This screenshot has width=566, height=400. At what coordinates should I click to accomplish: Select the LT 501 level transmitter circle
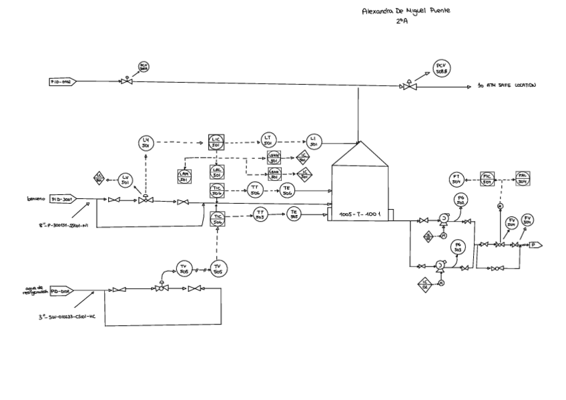coord(268,141)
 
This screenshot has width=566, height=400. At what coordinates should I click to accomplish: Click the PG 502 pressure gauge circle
coord(461,201)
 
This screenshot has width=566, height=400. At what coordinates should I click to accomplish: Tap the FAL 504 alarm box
coord(523,178)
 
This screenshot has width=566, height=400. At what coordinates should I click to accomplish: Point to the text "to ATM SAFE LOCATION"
coord(507,86)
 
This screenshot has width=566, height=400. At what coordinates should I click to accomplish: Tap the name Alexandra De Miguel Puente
coord(405,11)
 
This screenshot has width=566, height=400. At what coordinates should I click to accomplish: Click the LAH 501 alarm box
coord(184,176)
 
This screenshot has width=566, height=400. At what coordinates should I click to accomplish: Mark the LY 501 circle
coord(146,142)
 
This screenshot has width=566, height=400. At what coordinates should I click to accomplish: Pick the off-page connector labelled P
coord(535,245)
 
